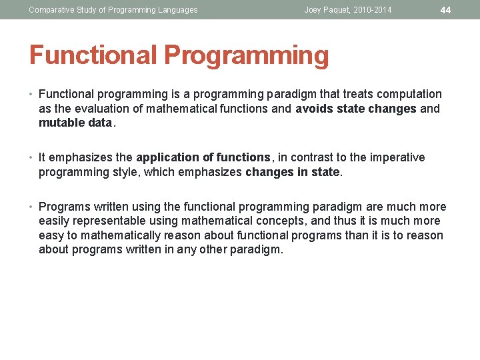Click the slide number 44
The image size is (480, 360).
[x=446, y=10]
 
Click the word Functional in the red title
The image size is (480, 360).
[x=93, y=56]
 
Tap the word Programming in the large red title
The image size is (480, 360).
[x=247, y=56]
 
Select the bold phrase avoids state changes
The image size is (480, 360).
[x=356, y=109]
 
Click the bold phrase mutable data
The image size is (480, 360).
[x=76, y=123]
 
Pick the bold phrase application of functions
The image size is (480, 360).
[x=203, y=157]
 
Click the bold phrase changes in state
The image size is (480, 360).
[x=293, y=172]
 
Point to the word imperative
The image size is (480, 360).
[x=396, y=157]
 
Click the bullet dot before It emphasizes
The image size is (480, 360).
[x=32, y=157]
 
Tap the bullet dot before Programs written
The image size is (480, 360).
[x=32, y=207]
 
